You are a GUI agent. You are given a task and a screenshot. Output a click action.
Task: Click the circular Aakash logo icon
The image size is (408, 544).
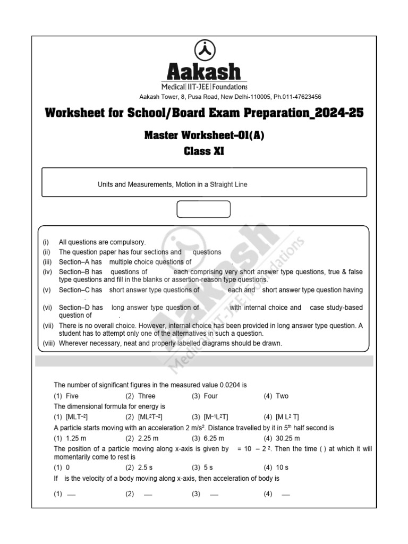pyautogui.click(x=204, y=51)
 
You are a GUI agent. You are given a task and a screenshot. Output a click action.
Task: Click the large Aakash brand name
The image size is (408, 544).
pyautogui.click(x=204, y=72)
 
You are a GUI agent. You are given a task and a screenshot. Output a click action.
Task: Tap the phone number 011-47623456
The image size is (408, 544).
pyautogui.click(x=302, y=97)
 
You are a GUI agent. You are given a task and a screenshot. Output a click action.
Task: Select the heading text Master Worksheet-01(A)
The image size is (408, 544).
pyautogui.click(x=204, y=135)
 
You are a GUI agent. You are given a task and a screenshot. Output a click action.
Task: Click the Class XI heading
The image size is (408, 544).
pyautogui.click(x=204, y=151)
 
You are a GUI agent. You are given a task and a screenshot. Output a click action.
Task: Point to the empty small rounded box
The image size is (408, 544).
pyautogui.click(x=203, y=209)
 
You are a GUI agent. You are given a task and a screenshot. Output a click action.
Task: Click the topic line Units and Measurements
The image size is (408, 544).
pyautogui.click(x=172, y=185)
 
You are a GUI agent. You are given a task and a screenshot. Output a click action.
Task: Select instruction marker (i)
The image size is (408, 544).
pyautogui.click(x=46, y=242)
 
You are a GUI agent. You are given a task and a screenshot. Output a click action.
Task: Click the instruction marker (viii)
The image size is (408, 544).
pyautogui.click(x=49, y=343)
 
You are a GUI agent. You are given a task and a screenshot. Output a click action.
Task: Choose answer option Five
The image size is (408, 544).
pyautogui.click(x=71, y=396)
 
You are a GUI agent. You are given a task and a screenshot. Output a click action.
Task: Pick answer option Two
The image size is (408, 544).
pyautogui.click(x=282, y=396)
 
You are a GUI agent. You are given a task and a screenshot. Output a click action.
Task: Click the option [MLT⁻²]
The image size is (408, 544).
pyautogui.click(x=76, y=417)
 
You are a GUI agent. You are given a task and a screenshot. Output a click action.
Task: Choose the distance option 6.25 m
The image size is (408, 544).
pyautogui.click(x=214, y=438)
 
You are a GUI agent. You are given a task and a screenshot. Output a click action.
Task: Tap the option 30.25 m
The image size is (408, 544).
pyautogui.click(x=287, y=438)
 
